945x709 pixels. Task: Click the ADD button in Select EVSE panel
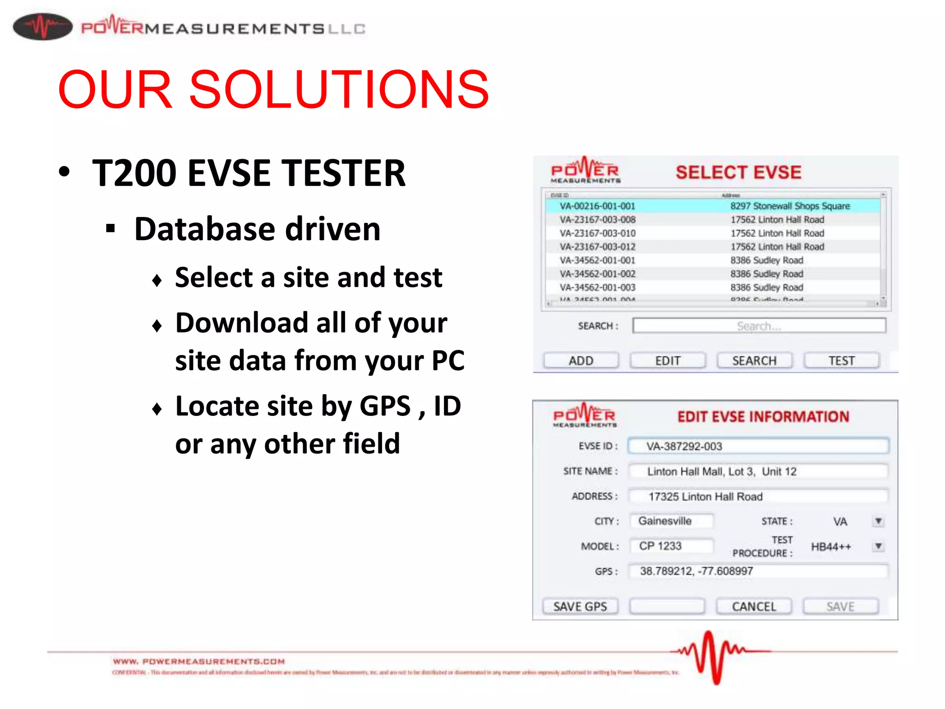(581, 361)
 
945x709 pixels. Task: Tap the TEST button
(841, 361)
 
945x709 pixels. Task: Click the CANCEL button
(754, 607)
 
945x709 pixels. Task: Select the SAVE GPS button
(580, 607)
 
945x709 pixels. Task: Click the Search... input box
(759, 326)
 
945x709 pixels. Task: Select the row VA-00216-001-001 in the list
(598, 206)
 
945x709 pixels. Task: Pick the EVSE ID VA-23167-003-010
(598, 233)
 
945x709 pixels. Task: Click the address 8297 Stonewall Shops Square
(789, 206)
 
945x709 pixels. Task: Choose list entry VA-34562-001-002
(598, 274)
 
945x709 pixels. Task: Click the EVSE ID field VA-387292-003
(758, 446)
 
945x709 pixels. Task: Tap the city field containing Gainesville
(671, 521)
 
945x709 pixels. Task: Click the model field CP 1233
(671, 546)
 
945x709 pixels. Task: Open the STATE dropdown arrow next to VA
(879, 521)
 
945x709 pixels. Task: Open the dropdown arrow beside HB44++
(879, 547)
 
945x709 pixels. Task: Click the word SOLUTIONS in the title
(339, 89)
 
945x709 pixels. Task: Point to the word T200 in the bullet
(134, 173)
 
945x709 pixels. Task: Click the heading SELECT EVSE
(738, 172)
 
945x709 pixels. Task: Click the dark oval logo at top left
(42, 27)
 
